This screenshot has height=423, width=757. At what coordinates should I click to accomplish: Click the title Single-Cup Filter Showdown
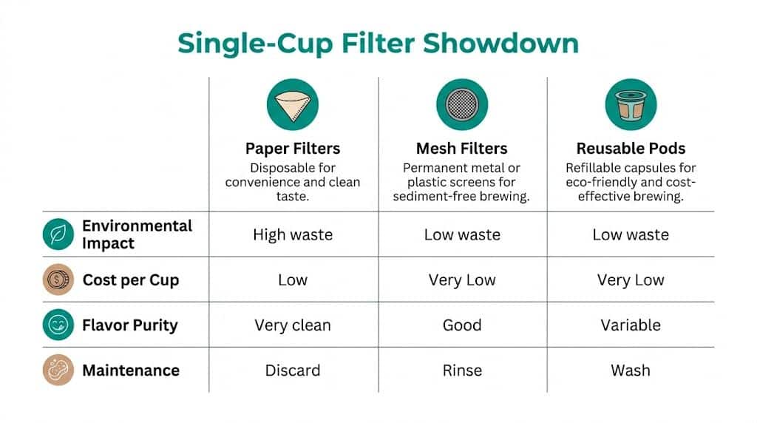tap(378, 43)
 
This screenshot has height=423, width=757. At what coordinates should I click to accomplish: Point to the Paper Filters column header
tap(293, 149)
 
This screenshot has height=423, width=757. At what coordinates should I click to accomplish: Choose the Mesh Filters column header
tap(462, 149)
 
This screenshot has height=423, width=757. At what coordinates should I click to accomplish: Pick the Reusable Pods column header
tap(631, 149)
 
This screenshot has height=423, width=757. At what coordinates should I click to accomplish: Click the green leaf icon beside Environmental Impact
tap(58, 234)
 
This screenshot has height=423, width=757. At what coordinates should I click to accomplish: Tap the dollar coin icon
tap(58, 280)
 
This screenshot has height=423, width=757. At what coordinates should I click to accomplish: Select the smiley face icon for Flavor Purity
tap(58, 325)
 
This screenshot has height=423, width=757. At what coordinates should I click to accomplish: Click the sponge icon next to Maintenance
tap(58, 370)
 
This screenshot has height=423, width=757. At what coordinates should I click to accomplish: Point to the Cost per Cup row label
tap(131, 280)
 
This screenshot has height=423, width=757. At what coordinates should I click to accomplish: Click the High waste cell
tap(293, 235)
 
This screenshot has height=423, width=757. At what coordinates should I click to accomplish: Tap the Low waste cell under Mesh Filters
tap(462, 235)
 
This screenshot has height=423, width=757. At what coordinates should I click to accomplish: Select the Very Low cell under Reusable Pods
tap(631, 280)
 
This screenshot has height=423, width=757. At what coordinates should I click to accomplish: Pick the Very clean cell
tap(293, 325)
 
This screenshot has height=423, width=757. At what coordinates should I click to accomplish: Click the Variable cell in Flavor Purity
tap(631, 325)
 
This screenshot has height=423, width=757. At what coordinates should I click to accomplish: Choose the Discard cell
tap(293, 370)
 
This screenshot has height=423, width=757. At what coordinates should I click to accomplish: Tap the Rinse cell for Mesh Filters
tap(462, 370)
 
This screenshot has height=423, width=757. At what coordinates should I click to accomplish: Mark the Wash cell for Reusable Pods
tap(631, 370)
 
